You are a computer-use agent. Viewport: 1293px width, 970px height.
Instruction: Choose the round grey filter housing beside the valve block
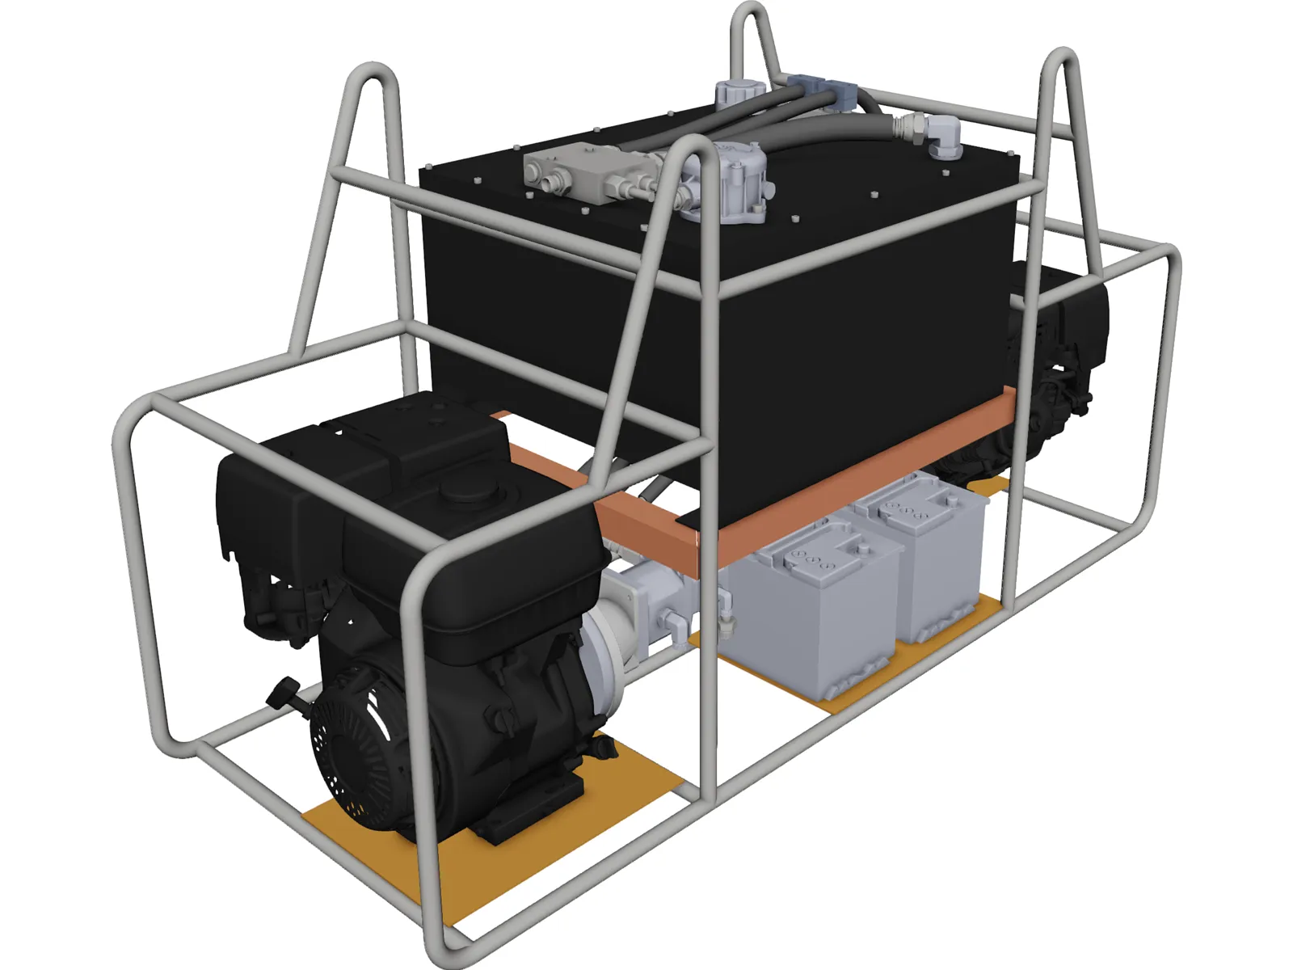click(727, 182)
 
